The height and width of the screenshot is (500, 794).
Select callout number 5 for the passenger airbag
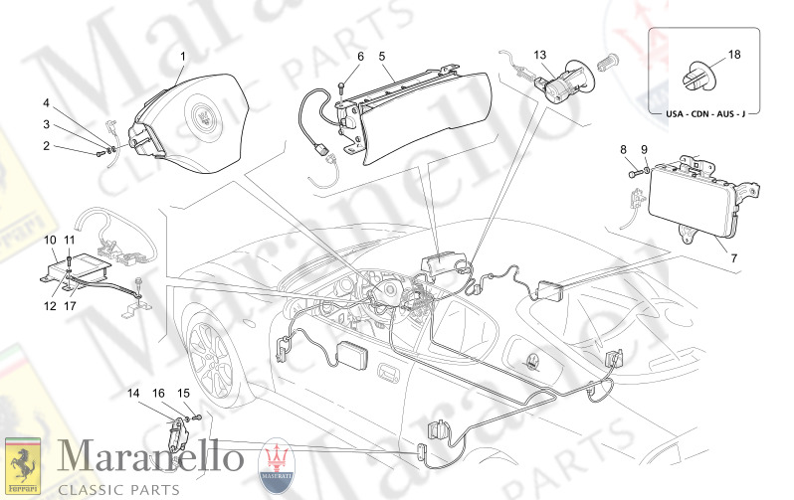pos(382,57)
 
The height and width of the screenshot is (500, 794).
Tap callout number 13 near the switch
pos(539,55)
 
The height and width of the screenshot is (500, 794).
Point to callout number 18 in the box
pos(734,55)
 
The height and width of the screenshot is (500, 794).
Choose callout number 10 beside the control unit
pos(49,241)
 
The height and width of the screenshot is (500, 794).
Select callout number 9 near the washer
pos(644,149)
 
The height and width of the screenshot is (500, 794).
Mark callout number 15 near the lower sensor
pos(184,394)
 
